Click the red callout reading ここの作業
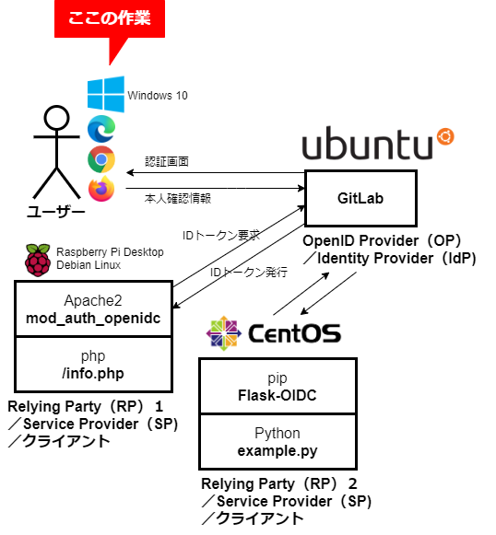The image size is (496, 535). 110,19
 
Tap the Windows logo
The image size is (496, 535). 106,94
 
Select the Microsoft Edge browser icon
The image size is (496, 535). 101,129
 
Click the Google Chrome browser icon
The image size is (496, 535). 101,159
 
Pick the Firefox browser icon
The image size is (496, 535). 101,189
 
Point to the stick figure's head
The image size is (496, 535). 57,118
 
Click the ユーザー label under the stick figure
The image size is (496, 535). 56,212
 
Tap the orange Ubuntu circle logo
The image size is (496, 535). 445,136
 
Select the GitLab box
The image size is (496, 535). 360,198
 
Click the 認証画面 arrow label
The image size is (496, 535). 167,161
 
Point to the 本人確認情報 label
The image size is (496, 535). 178,198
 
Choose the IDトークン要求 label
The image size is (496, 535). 221,235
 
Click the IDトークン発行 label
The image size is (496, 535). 249,272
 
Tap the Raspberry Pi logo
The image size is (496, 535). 38,260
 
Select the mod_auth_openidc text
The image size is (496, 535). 93,319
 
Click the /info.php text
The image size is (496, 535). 93,373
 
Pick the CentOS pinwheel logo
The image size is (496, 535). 224,333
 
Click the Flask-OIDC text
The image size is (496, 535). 278,395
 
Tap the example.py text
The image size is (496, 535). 278,451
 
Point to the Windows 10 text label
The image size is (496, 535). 158,96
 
